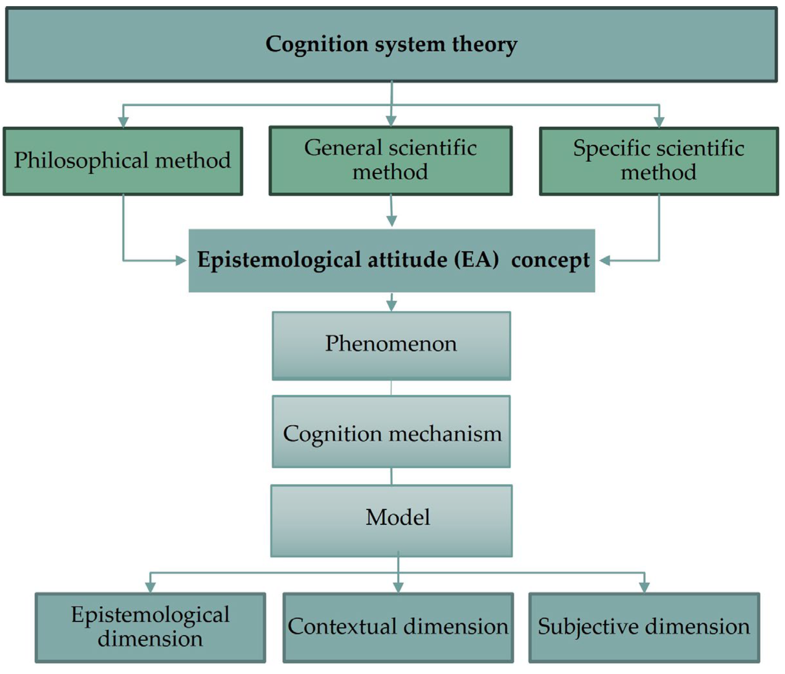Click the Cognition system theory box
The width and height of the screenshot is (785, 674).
point(391,44)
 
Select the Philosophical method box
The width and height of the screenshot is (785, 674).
point(123,161)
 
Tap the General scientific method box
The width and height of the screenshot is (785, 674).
point(391,161)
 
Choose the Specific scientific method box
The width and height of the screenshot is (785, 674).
point(659,161)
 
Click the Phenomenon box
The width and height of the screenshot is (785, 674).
point(391,345)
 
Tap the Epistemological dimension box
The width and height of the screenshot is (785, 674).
point(151,627)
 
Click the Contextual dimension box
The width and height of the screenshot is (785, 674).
point(398,627)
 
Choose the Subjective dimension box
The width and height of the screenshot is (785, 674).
point(644,627)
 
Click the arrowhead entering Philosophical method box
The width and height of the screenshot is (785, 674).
point(123,122)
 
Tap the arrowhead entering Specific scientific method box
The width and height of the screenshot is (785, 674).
point(659,122)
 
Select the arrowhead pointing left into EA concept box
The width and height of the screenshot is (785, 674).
point(605,261)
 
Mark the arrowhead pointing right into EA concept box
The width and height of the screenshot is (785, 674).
point(181,261)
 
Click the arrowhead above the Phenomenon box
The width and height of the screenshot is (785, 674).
point(391,305)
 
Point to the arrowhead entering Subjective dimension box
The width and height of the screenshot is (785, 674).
point(644,587)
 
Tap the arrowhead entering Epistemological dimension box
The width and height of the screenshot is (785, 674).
point(151,587)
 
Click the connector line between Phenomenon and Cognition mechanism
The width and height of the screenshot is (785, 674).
point(391,388)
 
